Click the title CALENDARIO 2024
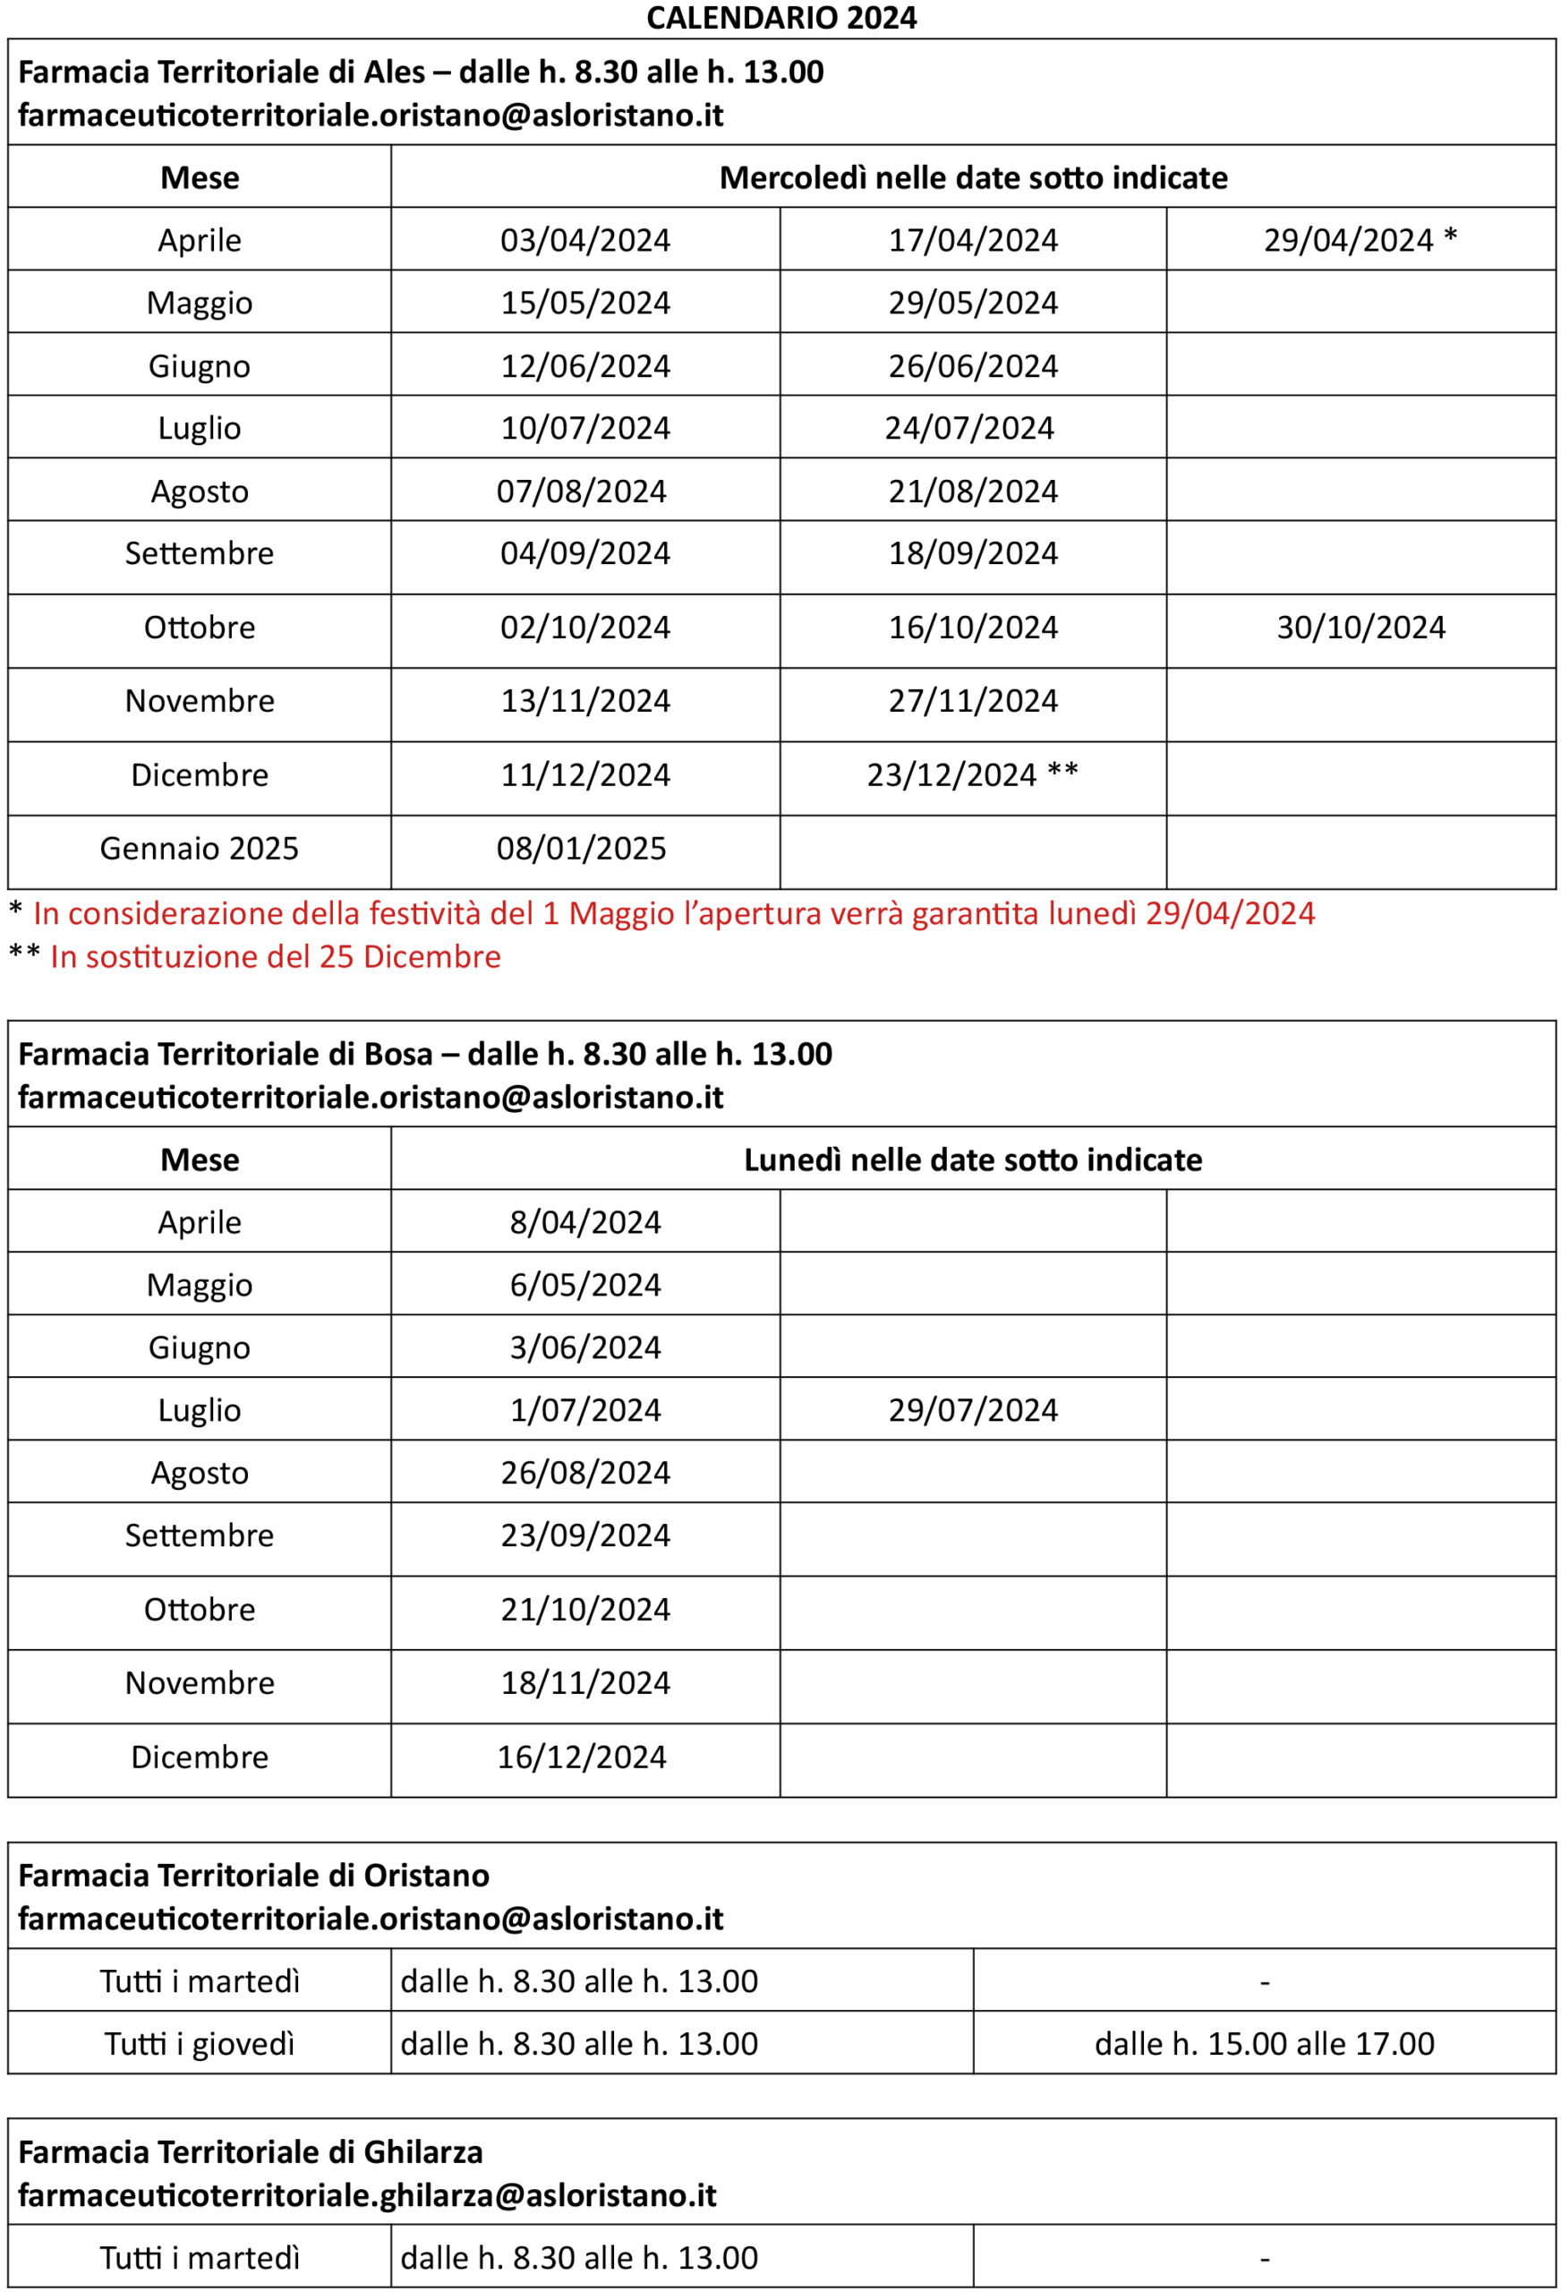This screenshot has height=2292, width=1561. click(x=781, y=18)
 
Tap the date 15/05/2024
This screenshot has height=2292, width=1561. click(x=584, y=303)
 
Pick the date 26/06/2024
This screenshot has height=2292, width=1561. click(x=972, y=366)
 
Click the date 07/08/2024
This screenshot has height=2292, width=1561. click(x=581, y=492)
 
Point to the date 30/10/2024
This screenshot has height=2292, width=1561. click(x=1360, y=628)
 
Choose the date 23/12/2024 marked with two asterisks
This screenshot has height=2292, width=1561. click(x=971, y=775)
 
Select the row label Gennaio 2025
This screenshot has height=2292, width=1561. click(x=200, y=848)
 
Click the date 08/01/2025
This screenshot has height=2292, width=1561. click(x=581, y=848)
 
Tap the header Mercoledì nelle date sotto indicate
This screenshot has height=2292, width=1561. click(x=972, y=177)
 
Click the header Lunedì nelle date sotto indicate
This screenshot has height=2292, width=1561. click(x=972, y=1159)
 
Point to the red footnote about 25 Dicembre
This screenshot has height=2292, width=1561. click(x=275, y=957)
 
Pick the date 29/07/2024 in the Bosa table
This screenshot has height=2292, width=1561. click(x=972, y=1410)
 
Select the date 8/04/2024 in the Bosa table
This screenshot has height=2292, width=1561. click(x=584, y=1223)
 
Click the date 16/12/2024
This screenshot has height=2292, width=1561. click(x=581, y=1757)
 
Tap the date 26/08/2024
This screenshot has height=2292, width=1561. click(x=584, y=1473)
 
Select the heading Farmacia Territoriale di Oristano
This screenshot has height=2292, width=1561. click(x=253, y=1875)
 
